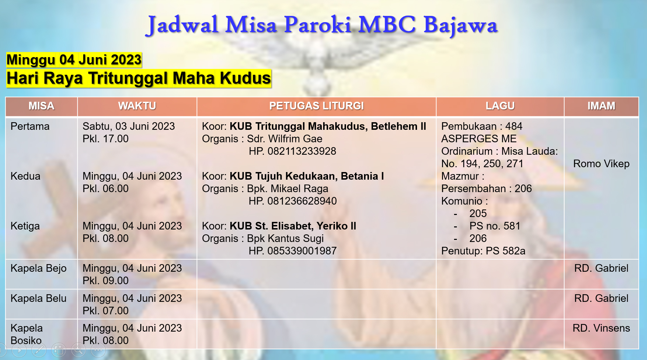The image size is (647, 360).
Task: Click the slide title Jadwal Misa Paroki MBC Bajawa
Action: click(322, 25)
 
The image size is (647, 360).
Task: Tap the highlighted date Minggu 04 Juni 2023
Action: click(74, 60)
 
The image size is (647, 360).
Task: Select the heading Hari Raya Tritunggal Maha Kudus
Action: click(139, 78)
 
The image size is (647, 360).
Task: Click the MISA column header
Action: click(42, 106)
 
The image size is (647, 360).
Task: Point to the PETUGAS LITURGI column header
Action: click(317, 106)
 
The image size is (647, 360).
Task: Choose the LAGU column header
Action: click(500, 106)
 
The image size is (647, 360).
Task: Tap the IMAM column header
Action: click(601, 106)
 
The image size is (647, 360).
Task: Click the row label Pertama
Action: click(30, 126)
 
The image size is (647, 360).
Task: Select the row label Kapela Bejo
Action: click(38, 268)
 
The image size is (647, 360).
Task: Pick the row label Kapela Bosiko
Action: click(27, 334)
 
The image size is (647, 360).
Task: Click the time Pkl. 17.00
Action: click(106, 139)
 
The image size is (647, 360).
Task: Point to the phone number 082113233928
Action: click(302, 151)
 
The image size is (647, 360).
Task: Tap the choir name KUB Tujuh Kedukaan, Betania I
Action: click(307, 176)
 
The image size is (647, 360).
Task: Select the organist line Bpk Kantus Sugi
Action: click(285, 238)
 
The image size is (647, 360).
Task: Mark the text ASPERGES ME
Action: click(479, 139)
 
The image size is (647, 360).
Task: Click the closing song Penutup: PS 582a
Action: click(483, 251)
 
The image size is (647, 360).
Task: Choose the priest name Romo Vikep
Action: click(601, 164)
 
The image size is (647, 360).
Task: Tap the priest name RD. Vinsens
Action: click(601, 328)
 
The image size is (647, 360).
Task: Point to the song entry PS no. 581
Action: click(495, 226)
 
